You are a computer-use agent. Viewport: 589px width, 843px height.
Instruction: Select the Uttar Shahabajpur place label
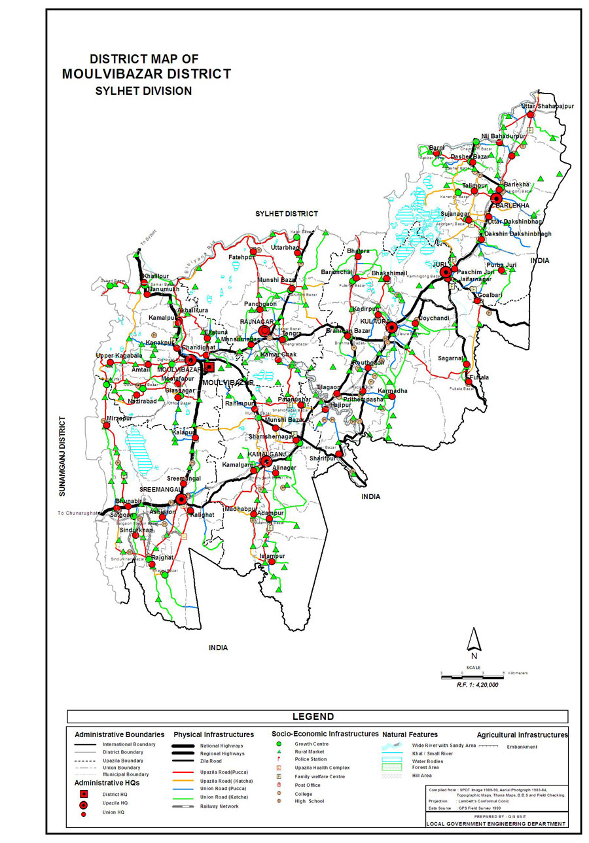click(x=547, y=106)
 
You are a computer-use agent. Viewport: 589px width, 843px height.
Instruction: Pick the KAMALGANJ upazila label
click(x=264, y=454)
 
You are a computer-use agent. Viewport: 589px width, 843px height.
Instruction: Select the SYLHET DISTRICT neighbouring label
click(x=286, y=214)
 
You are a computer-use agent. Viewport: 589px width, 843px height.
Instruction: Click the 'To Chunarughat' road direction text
click(x=78, y=513)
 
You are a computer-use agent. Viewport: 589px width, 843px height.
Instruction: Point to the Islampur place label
click(x=273, y=556)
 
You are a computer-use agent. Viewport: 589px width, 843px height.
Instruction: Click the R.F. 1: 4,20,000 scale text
click(x=478, y=684)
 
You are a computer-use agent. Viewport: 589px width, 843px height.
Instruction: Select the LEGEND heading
click(x=313, y=717)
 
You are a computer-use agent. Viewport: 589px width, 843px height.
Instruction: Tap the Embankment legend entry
click(x=522, y=747)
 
